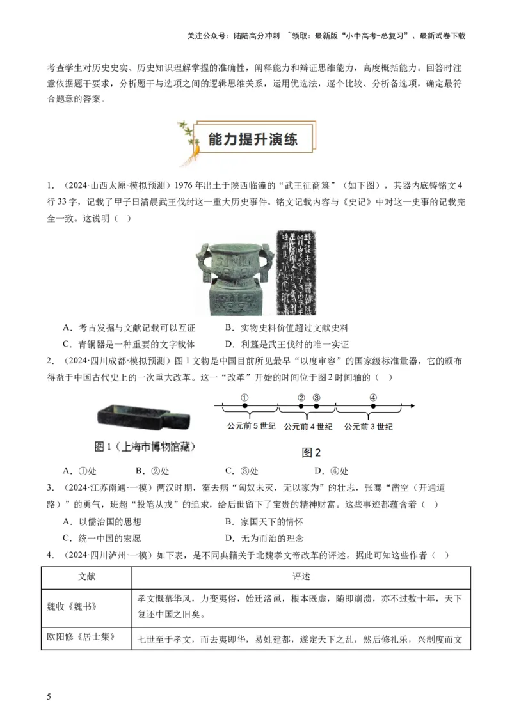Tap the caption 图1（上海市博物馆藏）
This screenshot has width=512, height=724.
pos(145,446)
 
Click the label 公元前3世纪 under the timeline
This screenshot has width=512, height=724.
pos(368,426)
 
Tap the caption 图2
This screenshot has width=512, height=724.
pos(311,453)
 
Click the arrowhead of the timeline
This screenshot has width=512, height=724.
pos(413,406)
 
